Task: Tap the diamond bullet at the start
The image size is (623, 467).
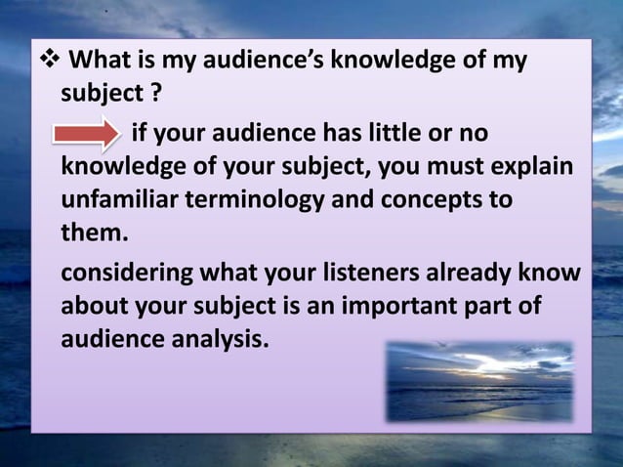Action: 48,62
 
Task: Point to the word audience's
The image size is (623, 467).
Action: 262,62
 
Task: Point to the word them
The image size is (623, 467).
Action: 94,234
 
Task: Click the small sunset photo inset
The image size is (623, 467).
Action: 478,380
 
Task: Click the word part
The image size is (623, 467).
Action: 496,306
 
